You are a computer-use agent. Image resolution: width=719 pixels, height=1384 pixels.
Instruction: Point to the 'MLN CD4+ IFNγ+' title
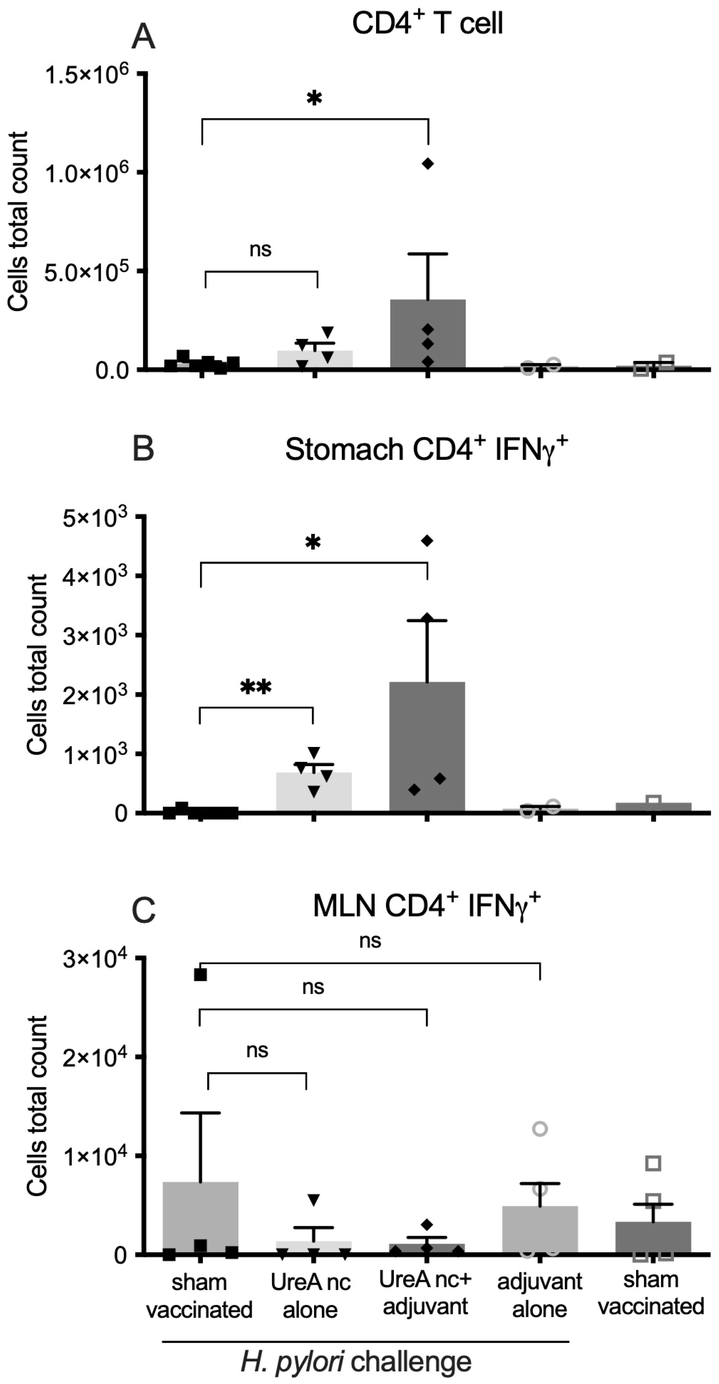tap(426, 905)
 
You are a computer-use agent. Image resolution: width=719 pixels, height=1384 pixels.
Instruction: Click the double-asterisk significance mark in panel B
tap(255, 687)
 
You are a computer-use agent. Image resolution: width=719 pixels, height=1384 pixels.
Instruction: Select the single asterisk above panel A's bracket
tap(314, 98)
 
